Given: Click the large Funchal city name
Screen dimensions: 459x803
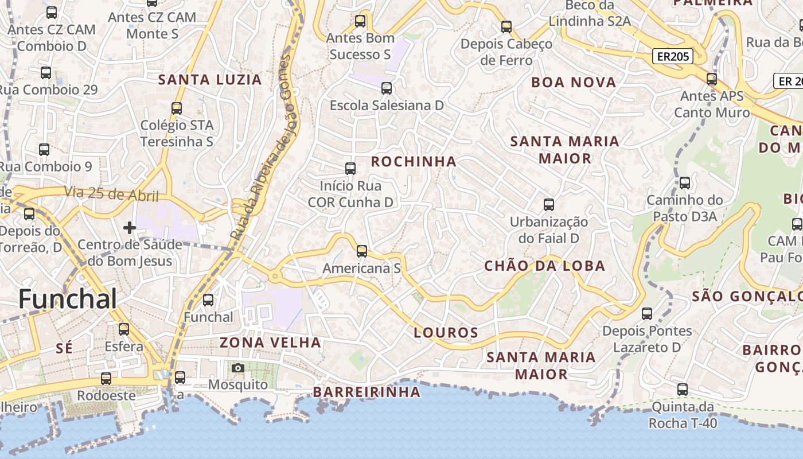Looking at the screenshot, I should (68, 299).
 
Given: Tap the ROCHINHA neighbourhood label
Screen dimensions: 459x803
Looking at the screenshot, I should (414, 162).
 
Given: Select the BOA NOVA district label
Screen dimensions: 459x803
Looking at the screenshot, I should (574, 83).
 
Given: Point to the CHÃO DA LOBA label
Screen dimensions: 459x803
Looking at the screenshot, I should (544, 266).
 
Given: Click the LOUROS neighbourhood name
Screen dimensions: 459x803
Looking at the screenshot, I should (446, 333).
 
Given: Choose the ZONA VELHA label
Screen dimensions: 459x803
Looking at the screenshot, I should (270, 343).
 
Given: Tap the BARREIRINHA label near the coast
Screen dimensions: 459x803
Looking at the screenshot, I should (367, 392).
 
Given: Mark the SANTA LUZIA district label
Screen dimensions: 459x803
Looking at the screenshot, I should (210, 80).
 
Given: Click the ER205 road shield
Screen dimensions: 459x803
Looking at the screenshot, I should (672, 56).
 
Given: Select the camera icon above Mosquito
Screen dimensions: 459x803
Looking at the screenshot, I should (238, 368).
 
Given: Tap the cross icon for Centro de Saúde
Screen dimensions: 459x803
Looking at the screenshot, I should (130, 228).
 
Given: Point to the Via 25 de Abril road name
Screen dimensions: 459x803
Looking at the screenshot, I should (111, 194).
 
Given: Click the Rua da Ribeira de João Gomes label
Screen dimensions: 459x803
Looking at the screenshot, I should (262, 146).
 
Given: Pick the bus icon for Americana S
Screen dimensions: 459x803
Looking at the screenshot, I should (362, 251).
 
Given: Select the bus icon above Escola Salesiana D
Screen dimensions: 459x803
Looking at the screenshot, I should (387, 88).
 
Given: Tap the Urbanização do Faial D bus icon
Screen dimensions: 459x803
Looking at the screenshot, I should (549, 204).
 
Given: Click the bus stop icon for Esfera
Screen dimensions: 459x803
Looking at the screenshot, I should (124, 329).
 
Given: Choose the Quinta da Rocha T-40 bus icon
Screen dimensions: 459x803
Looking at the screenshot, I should (683, 390).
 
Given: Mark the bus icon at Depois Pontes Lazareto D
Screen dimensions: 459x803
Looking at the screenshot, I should (647, 314).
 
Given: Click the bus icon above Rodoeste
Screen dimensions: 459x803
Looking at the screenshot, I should (106, 379).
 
